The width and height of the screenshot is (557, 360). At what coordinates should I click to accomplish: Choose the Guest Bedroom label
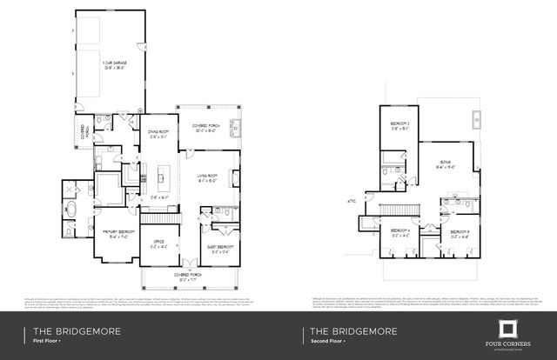tap(219, 247)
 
